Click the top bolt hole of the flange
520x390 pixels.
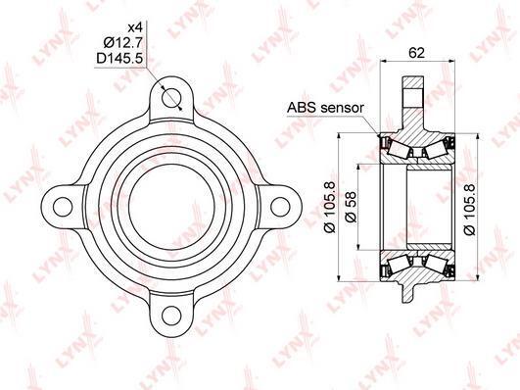tap(171, 98)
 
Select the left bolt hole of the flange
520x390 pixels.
tap(63, 207)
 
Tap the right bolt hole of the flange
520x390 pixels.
tap(280, 207)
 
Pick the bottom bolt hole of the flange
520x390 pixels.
tap(171, 316)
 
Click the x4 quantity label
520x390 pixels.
tap(134, 27)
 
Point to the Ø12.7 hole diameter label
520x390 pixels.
tap(122, 43)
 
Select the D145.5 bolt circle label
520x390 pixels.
tap(119, 59)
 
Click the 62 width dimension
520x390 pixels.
tap(416, 53)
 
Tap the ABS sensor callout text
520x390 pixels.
tap(325, 108)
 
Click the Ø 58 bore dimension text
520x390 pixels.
tap(351, 207)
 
